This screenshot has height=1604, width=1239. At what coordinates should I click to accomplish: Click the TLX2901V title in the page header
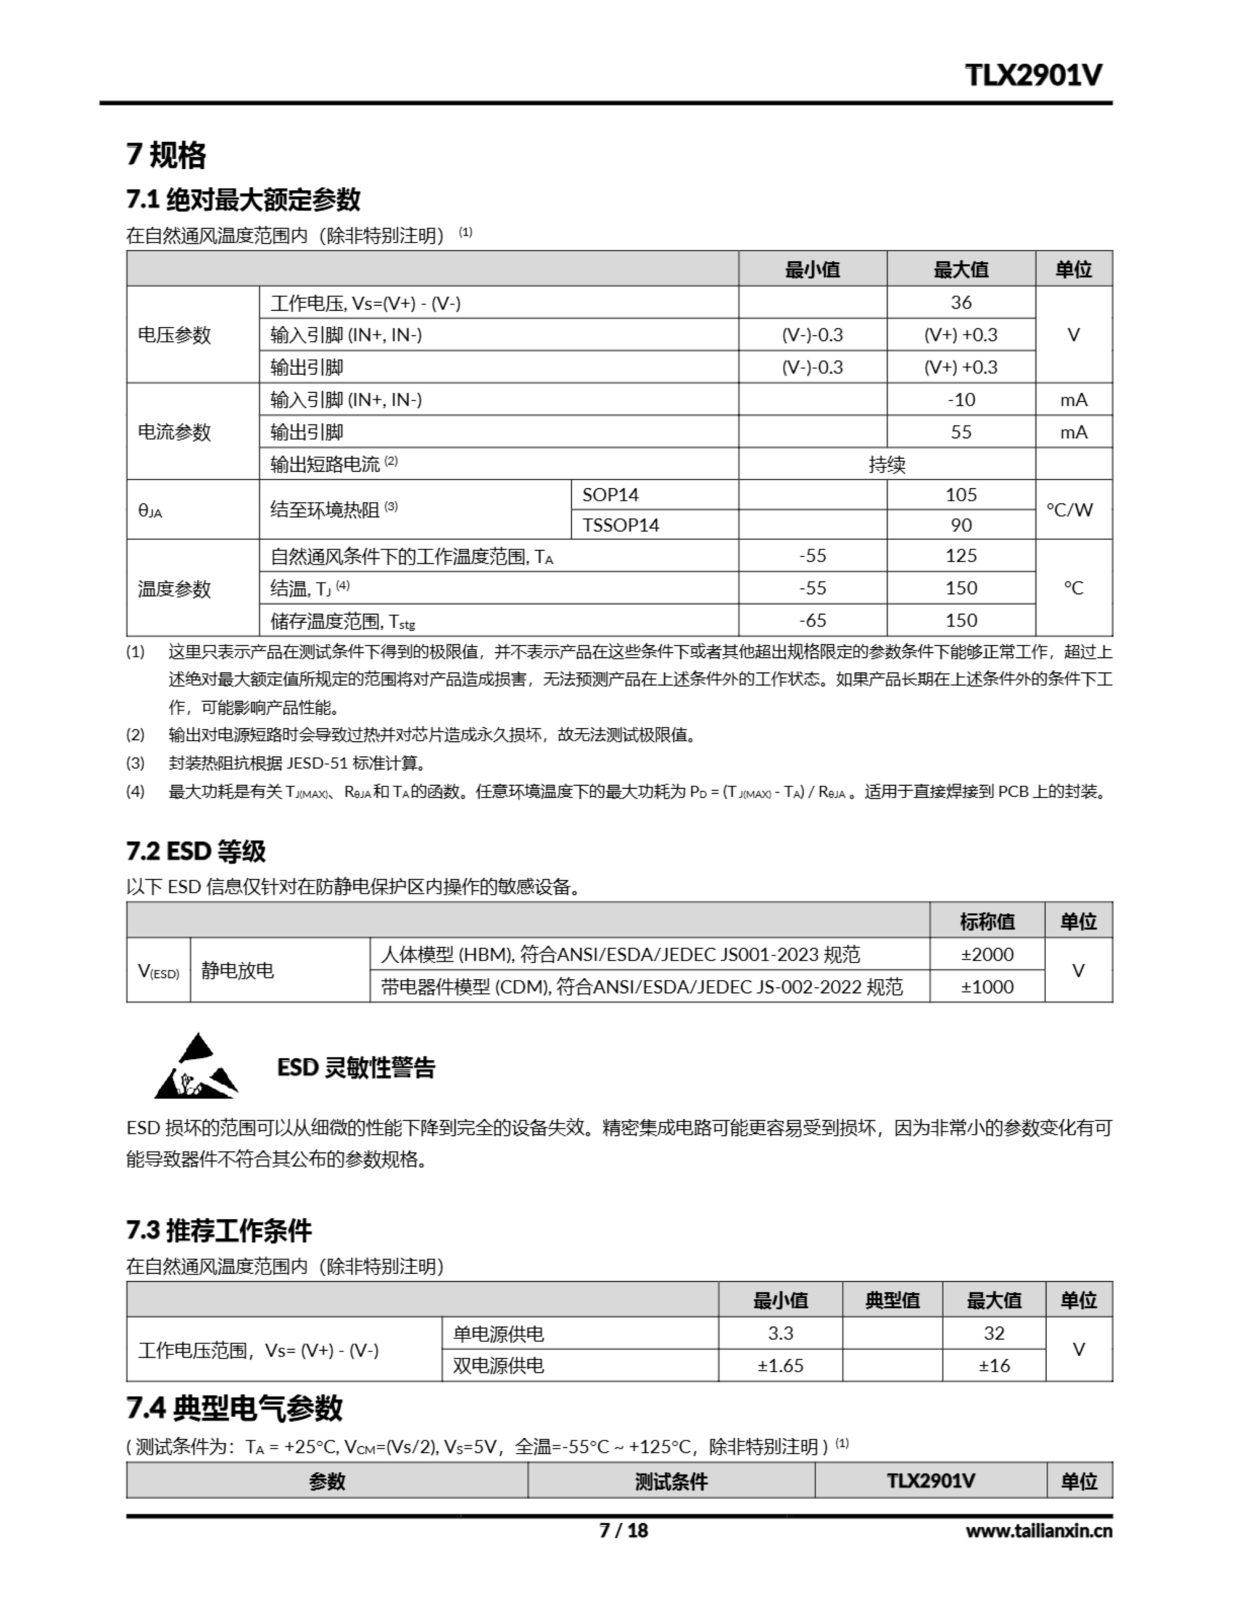1033,75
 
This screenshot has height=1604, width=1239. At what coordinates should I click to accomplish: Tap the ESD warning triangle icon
195,1067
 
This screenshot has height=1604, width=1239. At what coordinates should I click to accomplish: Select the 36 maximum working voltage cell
961,303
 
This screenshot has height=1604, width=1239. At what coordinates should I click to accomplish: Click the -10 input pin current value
961,400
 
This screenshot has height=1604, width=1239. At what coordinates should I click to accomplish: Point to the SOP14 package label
610,495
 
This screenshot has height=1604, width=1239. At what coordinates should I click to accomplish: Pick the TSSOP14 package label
621,525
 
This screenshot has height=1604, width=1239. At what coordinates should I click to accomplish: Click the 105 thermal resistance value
961,495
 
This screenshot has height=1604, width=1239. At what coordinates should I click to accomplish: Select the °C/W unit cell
1073,509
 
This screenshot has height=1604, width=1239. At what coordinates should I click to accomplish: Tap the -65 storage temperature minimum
812,620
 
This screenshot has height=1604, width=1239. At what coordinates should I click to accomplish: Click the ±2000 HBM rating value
987,954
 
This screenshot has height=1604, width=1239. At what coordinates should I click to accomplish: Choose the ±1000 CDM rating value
987,986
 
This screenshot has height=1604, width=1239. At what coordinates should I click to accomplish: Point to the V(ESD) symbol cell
158,971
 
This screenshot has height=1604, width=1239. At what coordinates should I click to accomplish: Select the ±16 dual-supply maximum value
993,1365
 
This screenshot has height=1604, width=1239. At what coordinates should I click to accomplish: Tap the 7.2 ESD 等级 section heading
196,851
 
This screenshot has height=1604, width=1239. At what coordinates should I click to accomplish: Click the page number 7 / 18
623,1530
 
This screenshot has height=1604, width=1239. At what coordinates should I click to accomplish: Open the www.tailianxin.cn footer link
1039,1531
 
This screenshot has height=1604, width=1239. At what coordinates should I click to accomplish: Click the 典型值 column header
893,1301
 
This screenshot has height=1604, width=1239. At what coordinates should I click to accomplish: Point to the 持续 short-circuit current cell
886,464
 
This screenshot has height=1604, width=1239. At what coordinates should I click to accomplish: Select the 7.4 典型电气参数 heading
234,1408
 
